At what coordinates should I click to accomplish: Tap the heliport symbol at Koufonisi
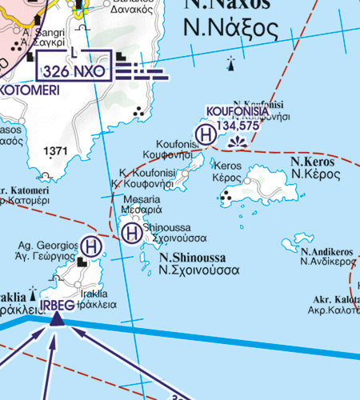pos(205,133)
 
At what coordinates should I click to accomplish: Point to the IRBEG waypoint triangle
pos(56,318)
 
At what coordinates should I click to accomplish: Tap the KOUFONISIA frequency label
pos(232,113)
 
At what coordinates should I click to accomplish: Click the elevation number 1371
pos(57,150)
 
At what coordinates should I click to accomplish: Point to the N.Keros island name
pos(312,161)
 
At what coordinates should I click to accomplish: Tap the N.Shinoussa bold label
pos(192,258)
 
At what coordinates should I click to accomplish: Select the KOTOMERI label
pos(27,90)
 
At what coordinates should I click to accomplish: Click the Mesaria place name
pos(141,199)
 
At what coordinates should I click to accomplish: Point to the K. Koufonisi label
pos(142,172)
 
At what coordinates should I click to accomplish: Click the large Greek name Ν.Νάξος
pos(230,30)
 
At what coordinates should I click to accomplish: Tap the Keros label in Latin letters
pos(228,166)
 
